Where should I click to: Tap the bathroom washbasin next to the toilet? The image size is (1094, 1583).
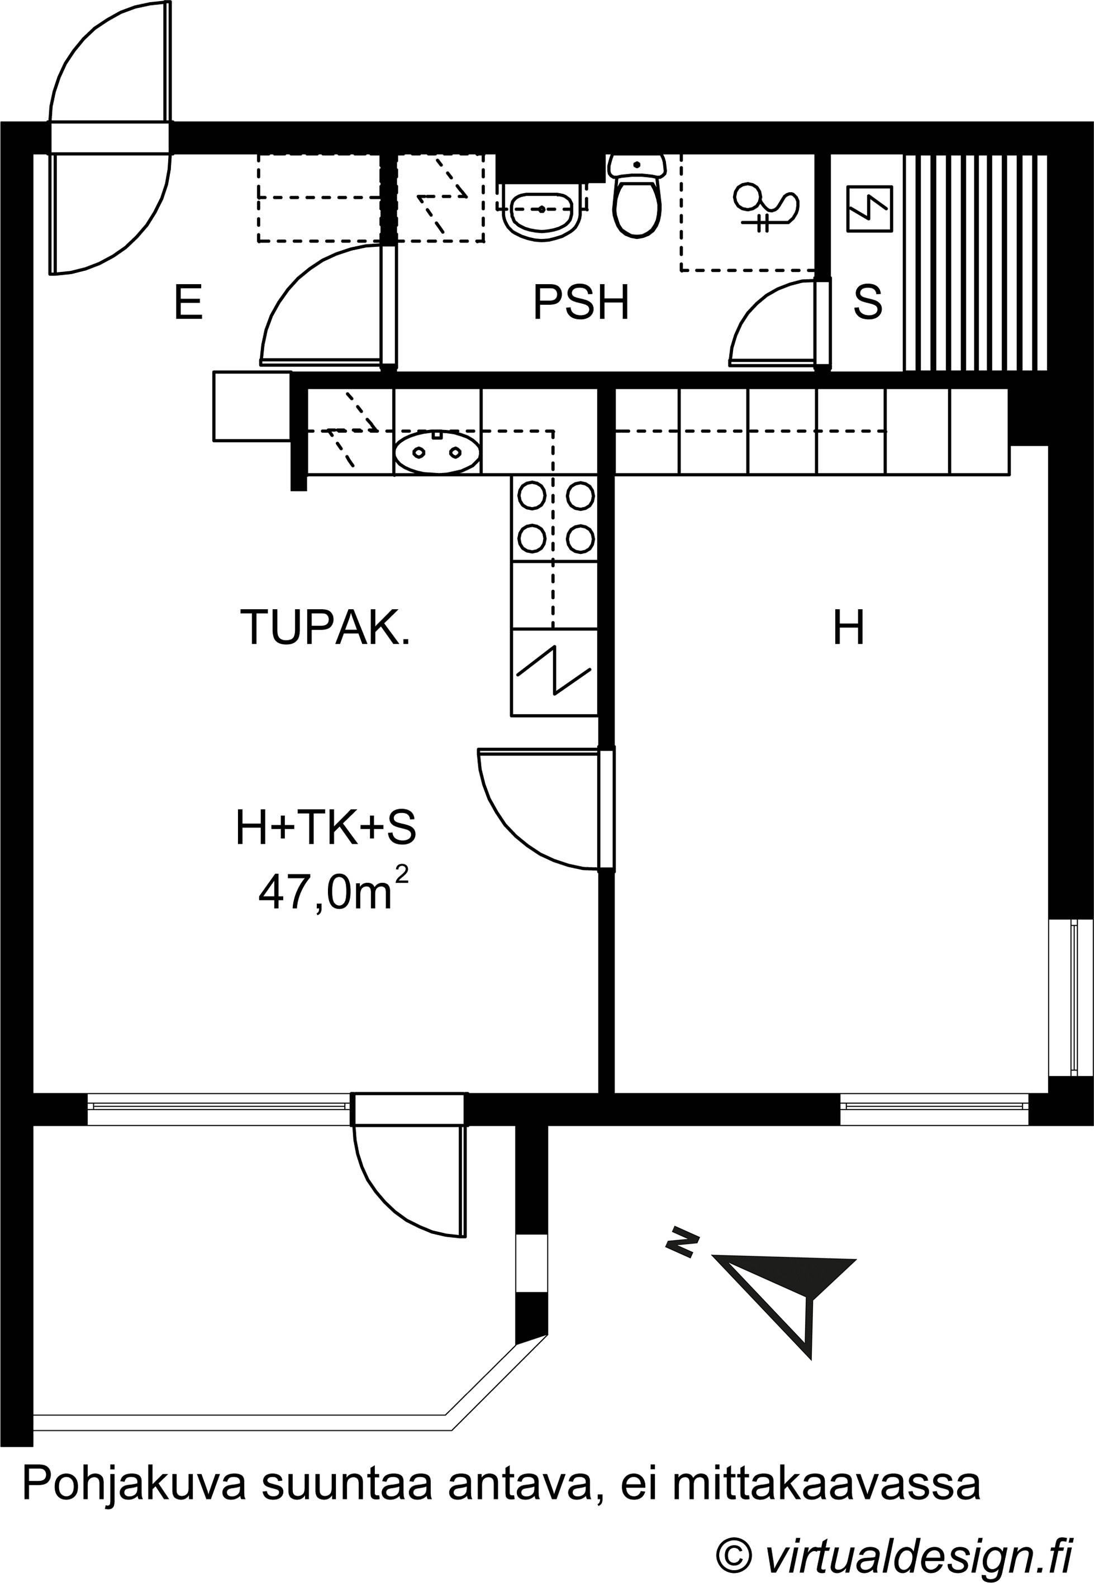(542, 209)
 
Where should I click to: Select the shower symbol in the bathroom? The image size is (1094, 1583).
(765, 205)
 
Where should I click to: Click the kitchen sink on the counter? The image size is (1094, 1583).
(437, 452)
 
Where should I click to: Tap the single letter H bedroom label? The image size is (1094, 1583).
(849, 628)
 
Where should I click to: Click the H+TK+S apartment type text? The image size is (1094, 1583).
(326, 827)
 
